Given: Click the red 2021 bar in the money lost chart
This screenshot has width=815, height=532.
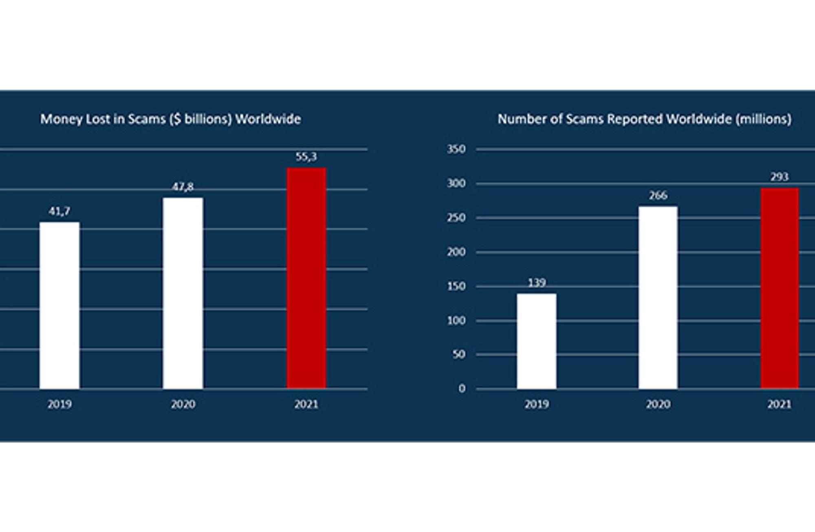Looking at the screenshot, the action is point(306,278).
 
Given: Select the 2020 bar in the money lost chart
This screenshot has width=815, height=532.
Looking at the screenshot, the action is point(183,293).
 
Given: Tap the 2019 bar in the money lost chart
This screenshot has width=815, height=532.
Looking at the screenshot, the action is point(59,306).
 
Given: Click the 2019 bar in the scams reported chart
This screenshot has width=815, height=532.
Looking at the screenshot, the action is point(537,341).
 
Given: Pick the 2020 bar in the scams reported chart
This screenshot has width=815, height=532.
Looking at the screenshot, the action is point(658,298).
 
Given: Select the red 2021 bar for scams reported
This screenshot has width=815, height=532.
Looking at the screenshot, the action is point(780,288).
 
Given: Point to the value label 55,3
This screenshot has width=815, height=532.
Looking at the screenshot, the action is point(306,157).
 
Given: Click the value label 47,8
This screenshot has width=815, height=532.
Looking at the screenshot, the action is point(183,187).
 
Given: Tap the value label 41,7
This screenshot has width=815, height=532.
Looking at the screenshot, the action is point(59,211).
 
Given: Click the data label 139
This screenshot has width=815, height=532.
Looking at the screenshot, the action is point(537,283).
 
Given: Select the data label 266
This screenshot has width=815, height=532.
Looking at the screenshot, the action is point(658,196).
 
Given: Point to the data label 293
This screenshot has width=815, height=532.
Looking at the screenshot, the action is point(780,177).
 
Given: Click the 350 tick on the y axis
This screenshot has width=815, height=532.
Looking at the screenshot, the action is point(456,149).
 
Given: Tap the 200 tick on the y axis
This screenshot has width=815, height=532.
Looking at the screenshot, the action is point(456,252).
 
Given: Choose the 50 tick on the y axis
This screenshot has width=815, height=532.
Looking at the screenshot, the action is point(459,354).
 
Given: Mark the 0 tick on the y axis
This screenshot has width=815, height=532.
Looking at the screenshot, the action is point(462,389).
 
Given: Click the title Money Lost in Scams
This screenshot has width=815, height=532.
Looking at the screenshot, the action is point(171,119).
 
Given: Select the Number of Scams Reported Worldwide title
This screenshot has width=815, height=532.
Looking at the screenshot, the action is point(645,119).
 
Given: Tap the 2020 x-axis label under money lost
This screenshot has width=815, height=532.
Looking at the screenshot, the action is point(183,404).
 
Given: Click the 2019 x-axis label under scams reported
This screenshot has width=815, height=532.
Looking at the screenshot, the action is point(537,404).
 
